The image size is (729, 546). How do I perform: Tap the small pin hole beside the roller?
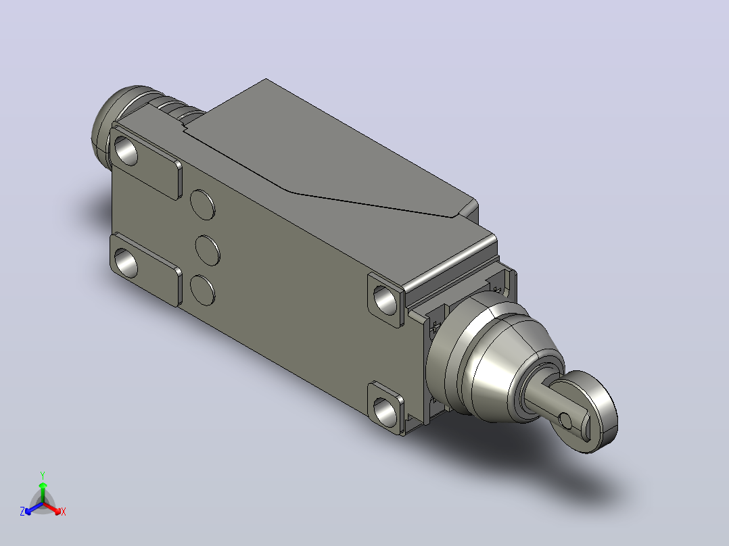[x=565, y=421]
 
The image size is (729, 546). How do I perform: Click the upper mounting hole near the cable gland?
[x=126, y=151]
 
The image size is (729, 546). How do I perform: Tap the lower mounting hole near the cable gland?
[x=126, y=263]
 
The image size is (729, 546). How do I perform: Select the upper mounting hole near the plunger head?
[x=385, y=300]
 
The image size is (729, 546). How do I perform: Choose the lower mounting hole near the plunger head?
[x=385, y=411]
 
